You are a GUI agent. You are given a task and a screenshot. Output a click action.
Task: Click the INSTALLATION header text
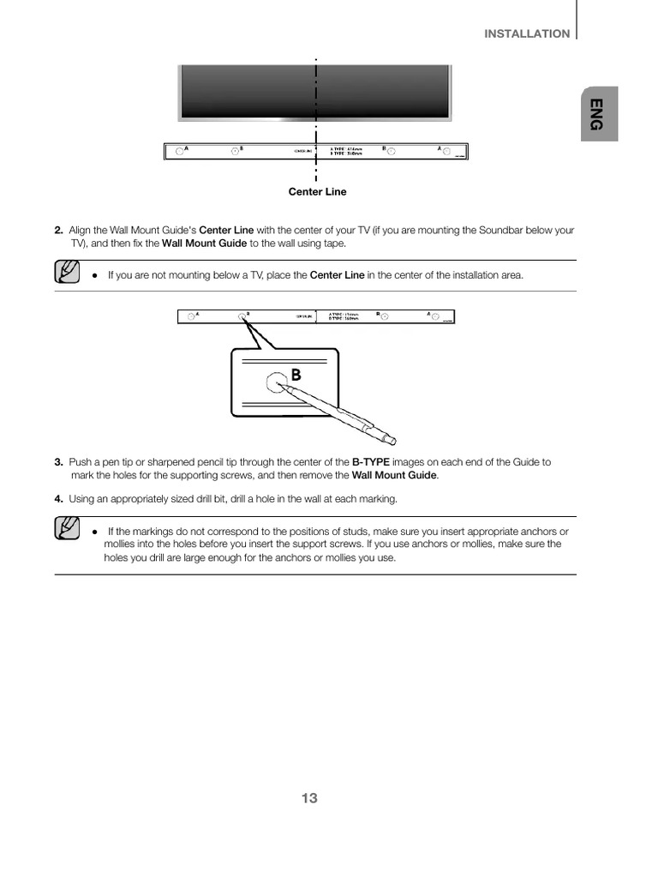point(527,34)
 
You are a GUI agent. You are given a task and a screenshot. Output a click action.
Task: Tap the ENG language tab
point(596,113)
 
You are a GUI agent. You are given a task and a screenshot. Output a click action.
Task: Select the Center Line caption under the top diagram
point(317,192)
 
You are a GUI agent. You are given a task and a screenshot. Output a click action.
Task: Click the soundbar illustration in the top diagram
point(314,91)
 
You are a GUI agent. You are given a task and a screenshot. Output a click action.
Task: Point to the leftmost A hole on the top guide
point(179,152)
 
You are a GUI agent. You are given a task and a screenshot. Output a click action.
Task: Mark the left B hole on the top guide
point(235,152)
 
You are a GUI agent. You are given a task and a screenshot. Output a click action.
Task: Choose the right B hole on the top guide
point(391,152)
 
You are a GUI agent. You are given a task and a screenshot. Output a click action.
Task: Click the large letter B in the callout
point(296,375)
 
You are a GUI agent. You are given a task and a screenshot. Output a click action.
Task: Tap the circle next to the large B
point(276,382)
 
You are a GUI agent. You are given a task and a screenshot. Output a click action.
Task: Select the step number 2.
point(58,231)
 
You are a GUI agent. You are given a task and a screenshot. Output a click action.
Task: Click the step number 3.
point(58,462)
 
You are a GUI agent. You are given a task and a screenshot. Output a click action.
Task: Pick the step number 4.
point(58,499)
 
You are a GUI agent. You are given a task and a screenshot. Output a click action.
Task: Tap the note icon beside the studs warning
point(66,529)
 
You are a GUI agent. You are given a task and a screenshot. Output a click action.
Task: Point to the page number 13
point(309,798)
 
